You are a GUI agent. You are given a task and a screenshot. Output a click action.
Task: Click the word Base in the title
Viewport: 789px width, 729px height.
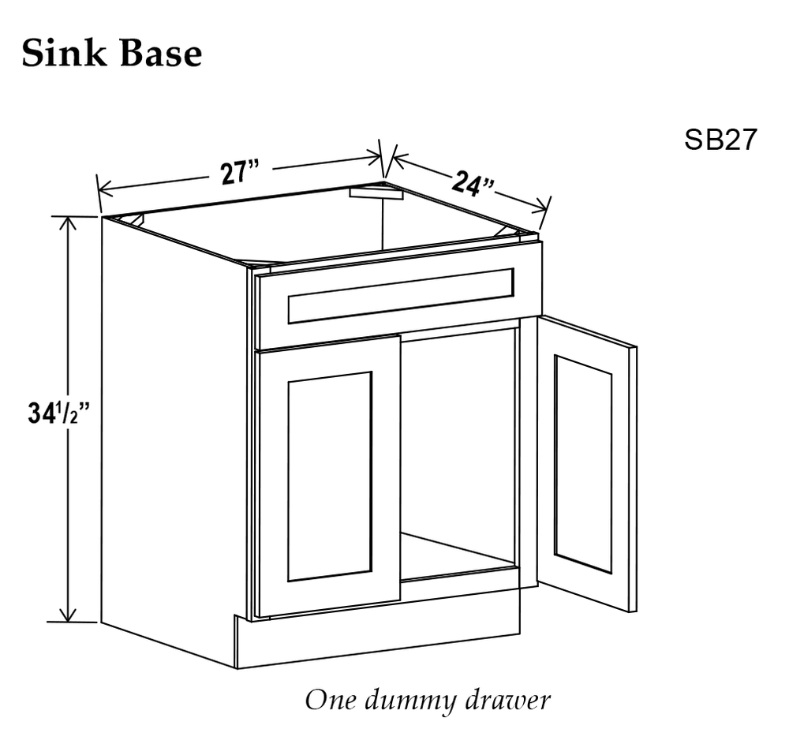point(161,53)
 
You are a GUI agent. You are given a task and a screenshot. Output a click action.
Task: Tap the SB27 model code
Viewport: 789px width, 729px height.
point(720,139)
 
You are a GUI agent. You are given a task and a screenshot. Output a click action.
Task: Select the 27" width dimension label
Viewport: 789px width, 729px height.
point(240,173)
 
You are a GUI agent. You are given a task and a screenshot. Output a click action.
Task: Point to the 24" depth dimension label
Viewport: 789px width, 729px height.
point(473,185)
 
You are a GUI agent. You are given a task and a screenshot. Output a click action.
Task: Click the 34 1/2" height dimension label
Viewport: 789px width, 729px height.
point(58,414)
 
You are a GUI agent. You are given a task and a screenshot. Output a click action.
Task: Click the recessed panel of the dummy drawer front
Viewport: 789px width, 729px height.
point(401,296)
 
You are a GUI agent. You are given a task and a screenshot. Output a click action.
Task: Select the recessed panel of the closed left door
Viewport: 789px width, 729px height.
point(330,477)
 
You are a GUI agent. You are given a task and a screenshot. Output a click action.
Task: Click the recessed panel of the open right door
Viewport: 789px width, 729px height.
point(583,464)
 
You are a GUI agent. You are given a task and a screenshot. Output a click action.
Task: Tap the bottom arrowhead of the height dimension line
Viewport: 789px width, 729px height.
point(67,615)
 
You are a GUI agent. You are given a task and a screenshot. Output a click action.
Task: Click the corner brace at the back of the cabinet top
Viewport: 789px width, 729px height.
point(377,193)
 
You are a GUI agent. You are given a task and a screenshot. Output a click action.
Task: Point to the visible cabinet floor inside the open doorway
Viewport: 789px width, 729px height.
point(460,555)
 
